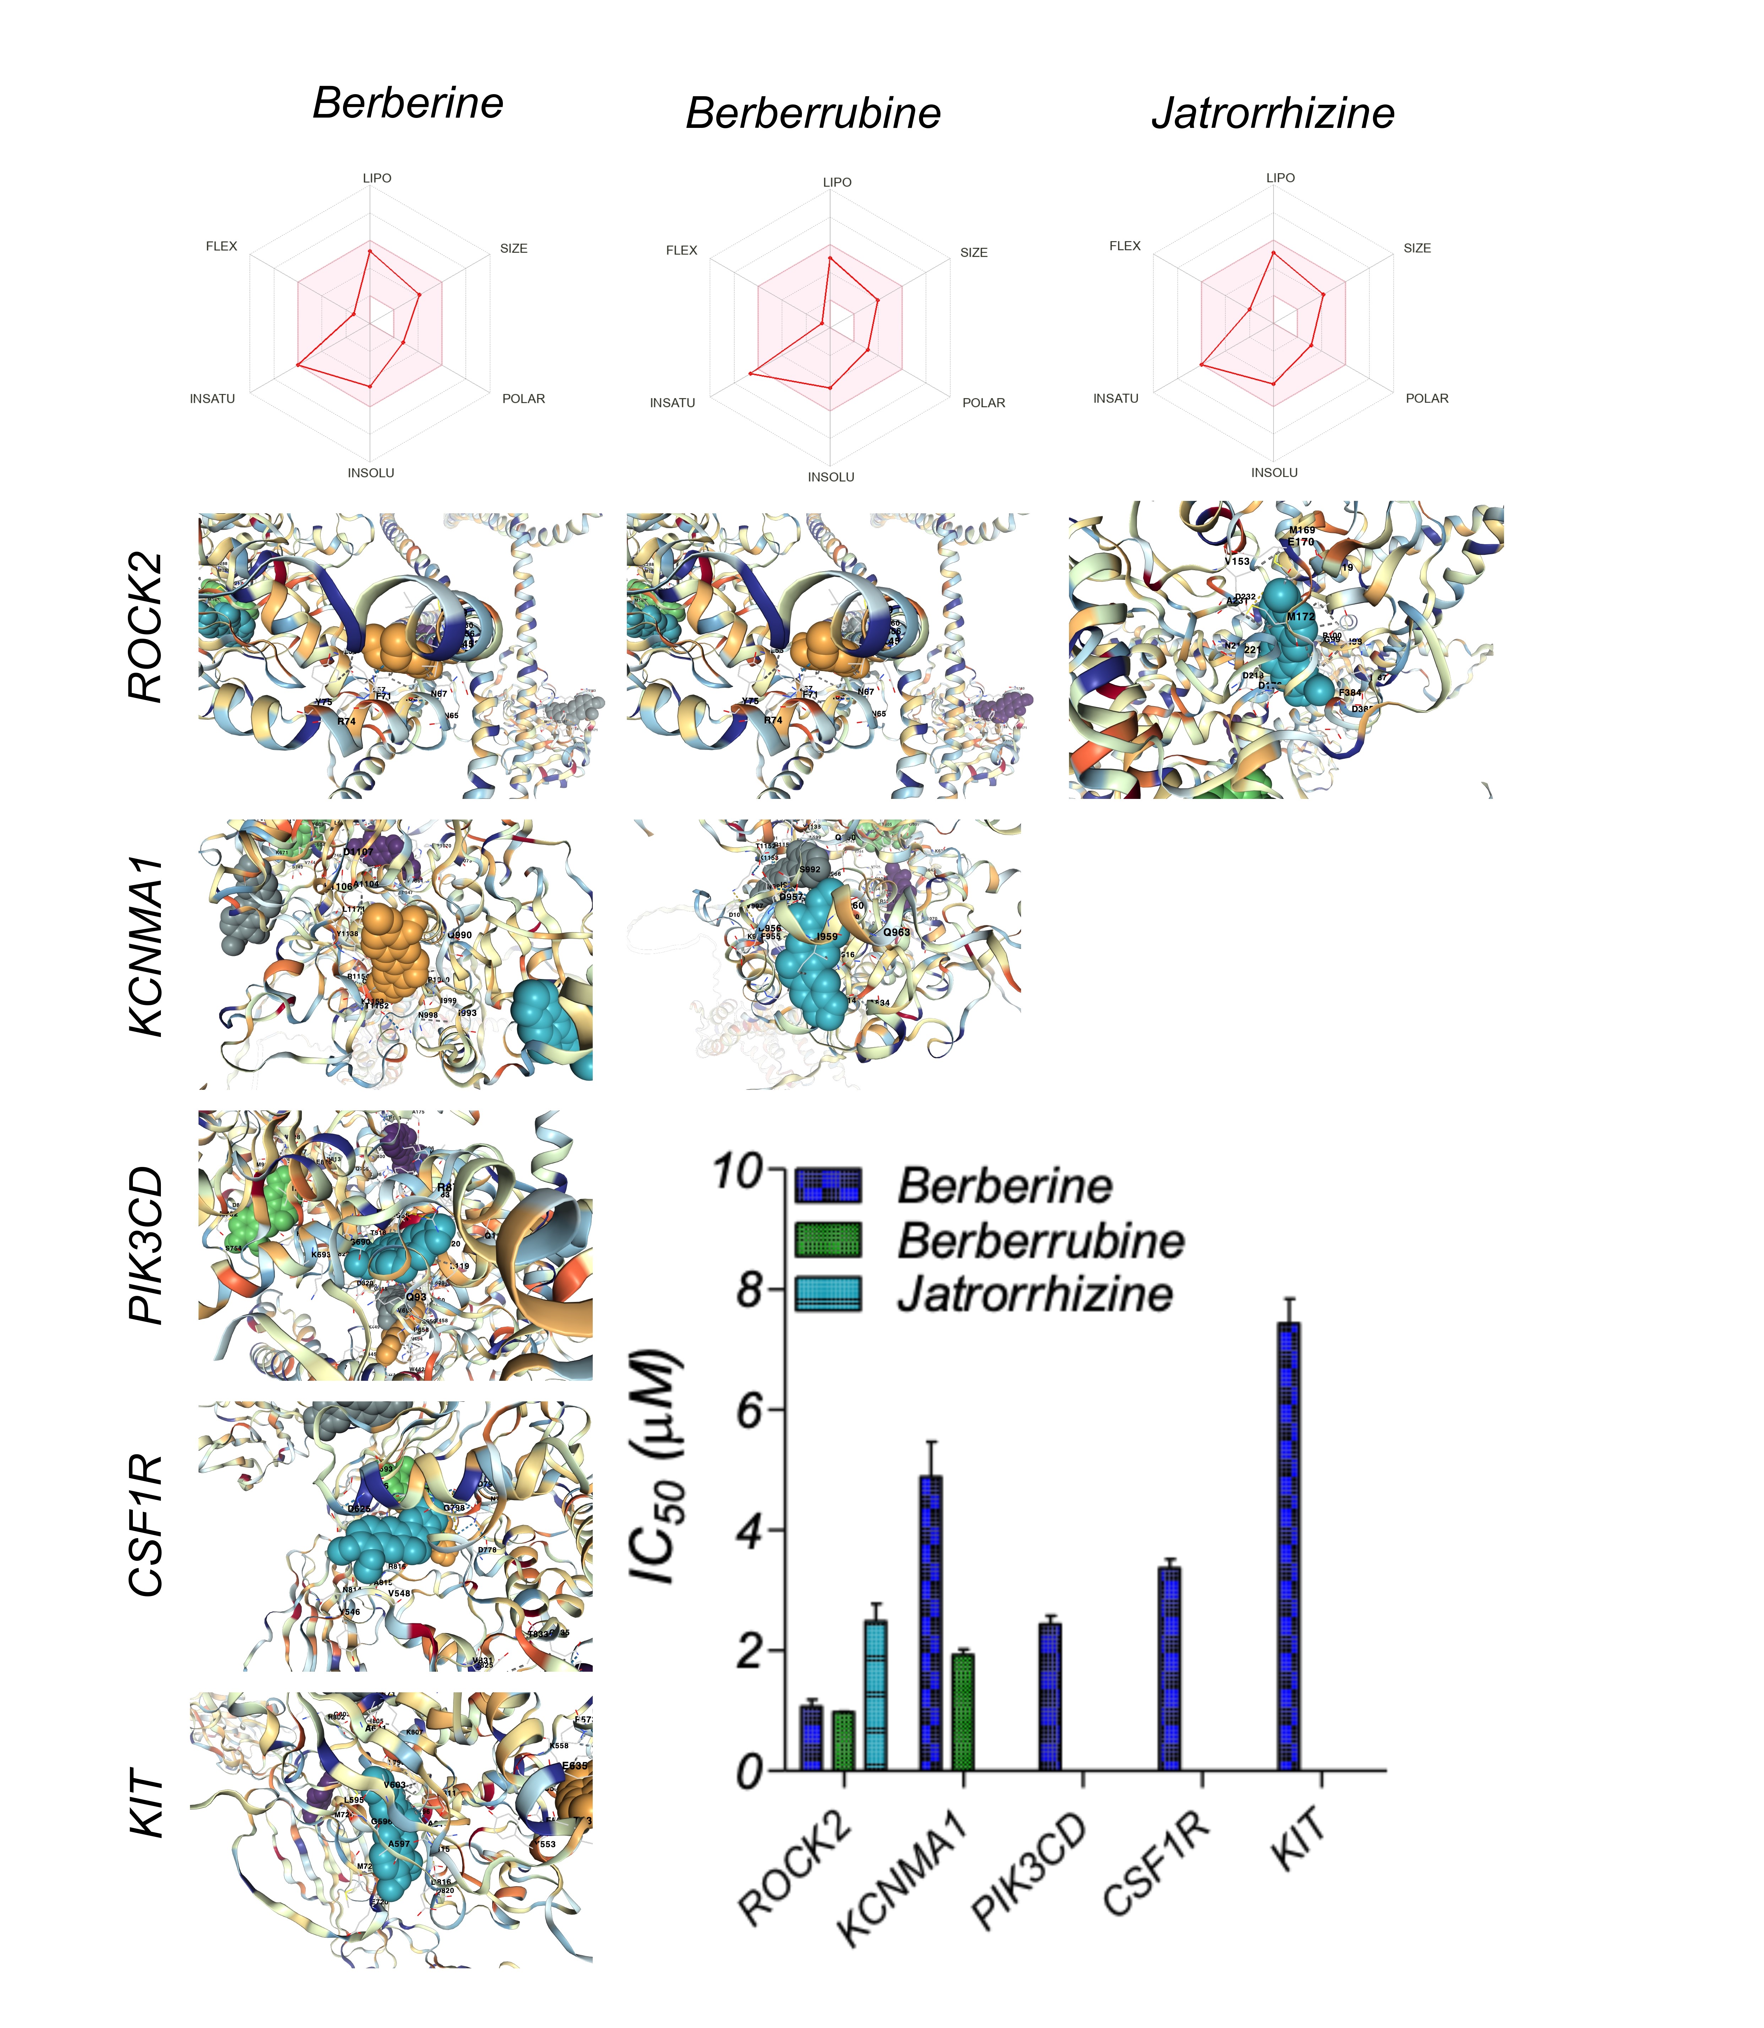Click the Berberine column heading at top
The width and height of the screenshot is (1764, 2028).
pos(408,103)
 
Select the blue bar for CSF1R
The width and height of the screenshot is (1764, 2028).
pos(1169,1669)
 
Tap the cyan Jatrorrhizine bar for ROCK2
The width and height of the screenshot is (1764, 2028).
pos(875,1695)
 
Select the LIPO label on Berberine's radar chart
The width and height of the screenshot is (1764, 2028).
pos(377,178)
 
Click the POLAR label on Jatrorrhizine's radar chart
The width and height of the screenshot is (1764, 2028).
pos(1426,399)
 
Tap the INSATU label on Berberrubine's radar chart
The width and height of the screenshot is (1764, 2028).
pos(672,402)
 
